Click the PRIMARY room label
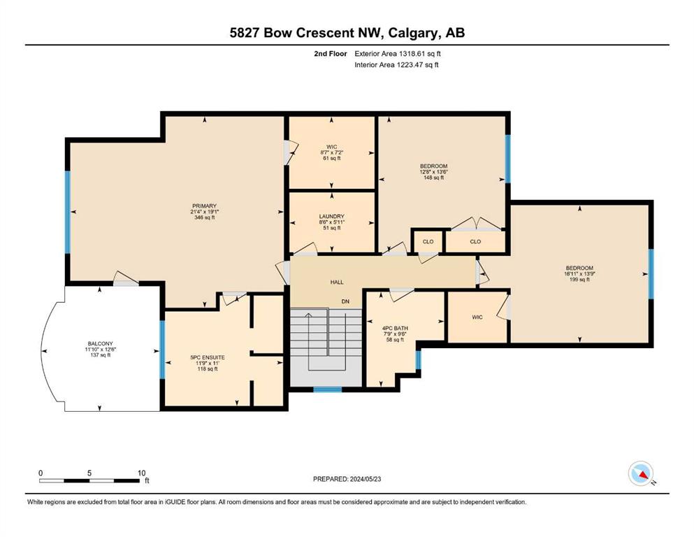pos(205,206)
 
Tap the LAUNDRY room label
pos(332,217)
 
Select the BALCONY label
pos(101,343)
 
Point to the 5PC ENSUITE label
pos(208,357)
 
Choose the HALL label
pos(337,282)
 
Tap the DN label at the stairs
pos(345,301)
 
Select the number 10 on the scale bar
pos(141,473)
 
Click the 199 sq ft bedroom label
pos(579,268)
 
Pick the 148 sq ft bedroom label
pos(434,166)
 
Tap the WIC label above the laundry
pos(332,147)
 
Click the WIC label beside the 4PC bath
pos(477,317)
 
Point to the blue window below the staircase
pos(328,389)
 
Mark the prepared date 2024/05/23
pos(365,479)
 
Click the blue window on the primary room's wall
pos(68,213)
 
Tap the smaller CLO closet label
pos(428,242)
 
